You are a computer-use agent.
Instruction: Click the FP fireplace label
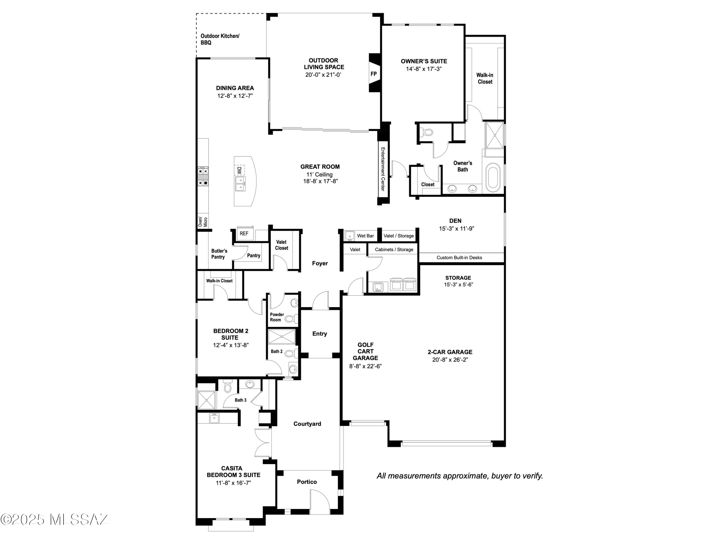(x=373, y=74)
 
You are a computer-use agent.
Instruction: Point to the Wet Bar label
(x=365, y=236)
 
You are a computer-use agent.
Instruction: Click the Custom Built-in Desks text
(x=459, y=257)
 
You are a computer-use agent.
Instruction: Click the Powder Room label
(x=277, y=317)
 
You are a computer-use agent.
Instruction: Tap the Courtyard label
(x=307, y=424)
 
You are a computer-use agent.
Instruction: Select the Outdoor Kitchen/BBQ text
(x=220, y=39)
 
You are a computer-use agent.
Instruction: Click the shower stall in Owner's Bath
(x=494, y=135)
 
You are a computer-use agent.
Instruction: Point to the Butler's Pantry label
(x=219, y=254)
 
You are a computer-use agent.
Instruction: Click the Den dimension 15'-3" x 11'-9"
(x=456, y=229)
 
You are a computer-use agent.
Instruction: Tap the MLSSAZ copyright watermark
(x=55, y=520)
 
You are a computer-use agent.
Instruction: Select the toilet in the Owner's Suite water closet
(x=428, y=132)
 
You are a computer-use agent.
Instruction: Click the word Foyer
(x=320, y=263)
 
